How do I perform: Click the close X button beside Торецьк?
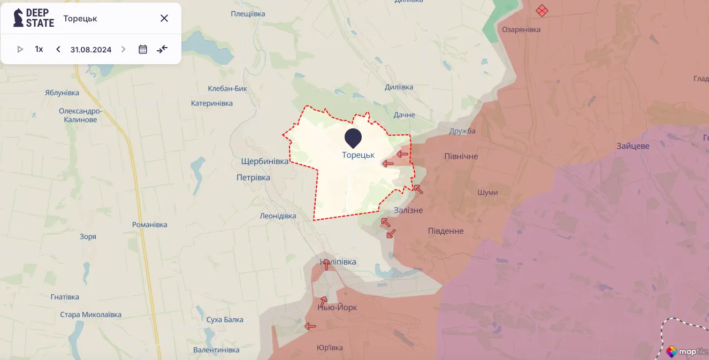pyautogui.click(x=164, y=18)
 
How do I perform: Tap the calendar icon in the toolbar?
pyautogui.click(x=143, y=49)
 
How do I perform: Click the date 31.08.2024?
pyautogui.click(x=91, y=50)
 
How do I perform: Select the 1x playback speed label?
pyautogui.click(x=39, y=49)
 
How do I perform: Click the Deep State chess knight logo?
pyautogui.click(x=19, y=18)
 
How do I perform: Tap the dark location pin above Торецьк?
pyautogui.click(x=353, y=137)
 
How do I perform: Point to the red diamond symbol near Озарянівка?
pyautogui.click(x=542, y=10)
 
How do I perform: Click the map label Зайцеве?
pyautogui.click(x=632, y=146)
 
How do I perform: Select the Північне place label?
pyautogui.click(x=461, y=156)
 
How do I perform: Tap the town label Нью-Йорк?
pyautogui.click(x=337, y=308)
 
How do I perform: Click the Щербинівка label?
pyautogui.click(x=264, y=161)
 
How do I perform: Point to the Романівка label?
pyautogui.click(x=150, y=225)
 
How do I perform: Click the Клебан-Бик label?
pyautogui.click(x=227, y=88)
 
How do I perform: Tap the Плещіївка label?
pyautogui.click(x=248, y=14)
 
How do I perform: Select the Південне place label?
pyautogui.click(x=446, y=231)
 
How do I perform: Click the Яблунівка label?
pyautogui.click(x=62, y=93)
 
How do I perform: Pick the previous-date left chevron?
pyautogui.click(x=58, y=49)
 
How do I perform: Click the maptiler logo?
pyautogui.click(x=687, y=351)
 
